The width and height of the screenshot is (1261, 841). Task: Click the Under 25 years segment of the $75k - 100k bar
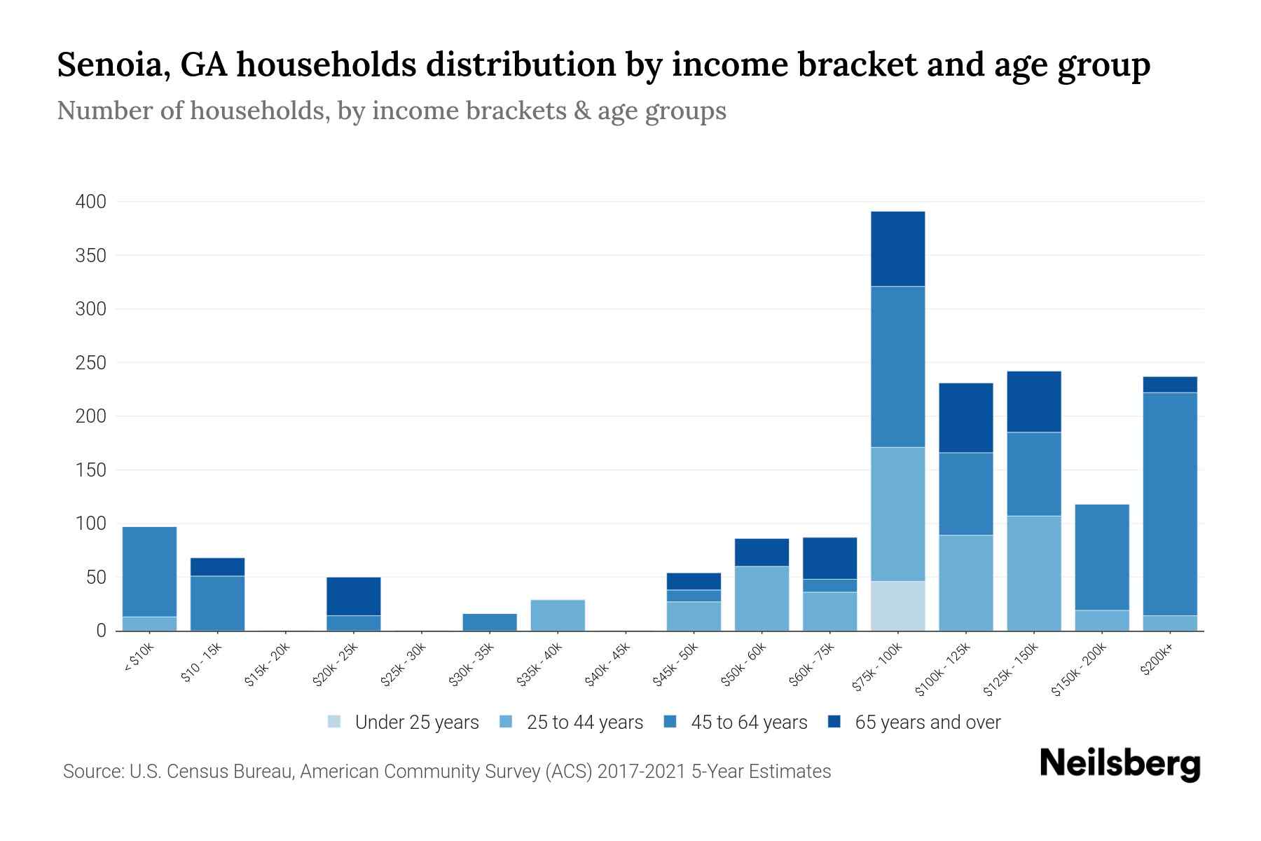tap(897, 606)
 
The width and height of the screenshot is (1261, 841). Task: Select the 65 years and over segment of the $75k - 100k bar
tap(897, 249)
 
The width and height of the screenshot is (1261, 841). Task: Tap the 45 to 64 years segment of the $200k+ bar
tap(1170, 504)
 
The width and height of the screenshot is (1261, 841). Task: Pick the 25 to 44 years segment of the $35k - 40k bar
tap(558, 615)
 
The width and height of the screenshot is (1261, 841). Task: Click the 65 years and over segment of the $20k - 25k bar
tap(354, 596)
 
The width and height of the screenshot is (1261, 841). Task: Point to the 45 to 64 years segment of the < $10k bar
tap(149, 571)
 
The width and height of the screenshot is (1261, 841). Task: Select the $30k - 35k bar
tap(490, 622)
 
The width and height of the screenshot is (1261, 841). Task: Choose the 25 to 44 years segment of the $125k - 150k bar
tap(1034, 573)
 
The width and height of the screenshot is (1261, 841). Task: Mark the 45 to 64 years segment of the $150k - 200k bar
tap(1102, 557)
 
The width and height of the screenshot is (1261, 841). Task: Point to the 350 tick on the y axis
tap(90, 256)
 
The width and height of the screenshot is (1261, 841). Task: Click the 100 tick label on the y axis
tap(90, 524)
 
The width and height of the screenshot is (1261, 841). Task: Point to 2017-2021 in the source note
tap(641, 772)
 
